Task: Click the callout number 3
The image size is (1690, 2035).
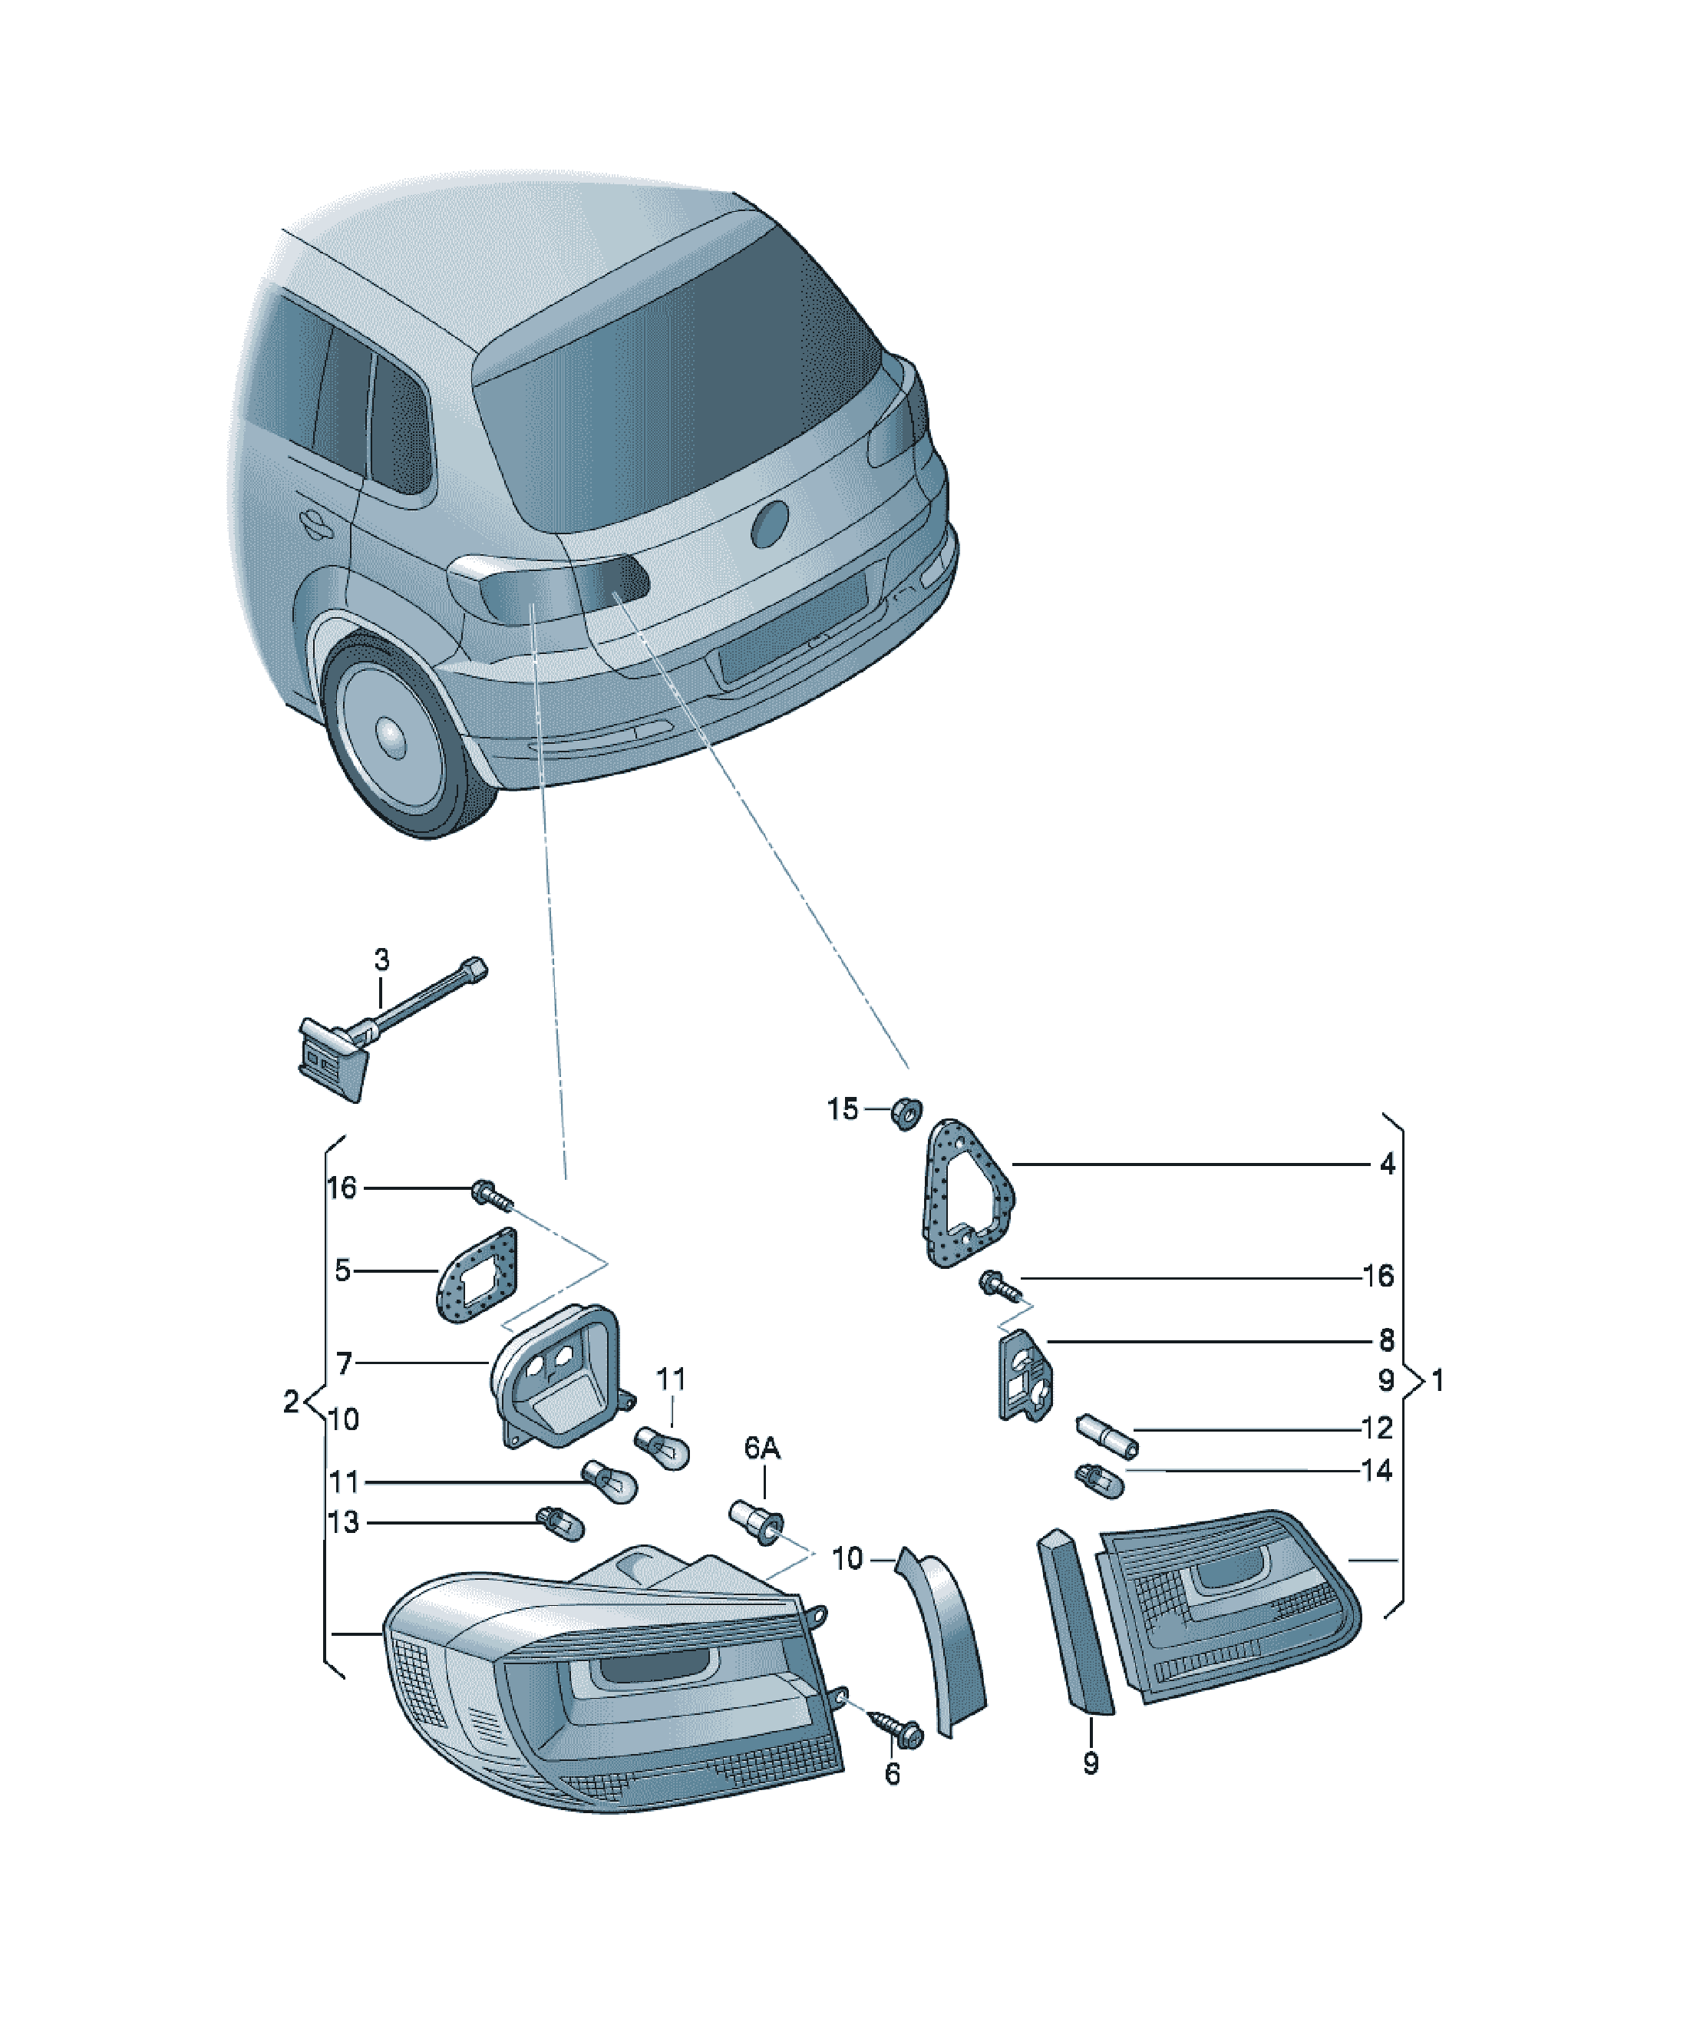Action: (x=381, y=960)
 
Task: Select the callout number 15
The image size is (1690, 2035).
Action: (x=843, y=1108)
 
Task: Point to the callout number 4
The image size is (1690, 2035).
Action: (x=1387, y=1164)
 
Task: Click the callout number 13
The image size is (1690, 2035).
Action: (x=343, y=1522)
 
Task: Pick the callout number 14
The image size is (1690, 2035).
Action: (x=1376, y=1470)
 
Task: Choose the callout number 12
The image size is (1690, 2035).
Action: (x=1376, y=1427)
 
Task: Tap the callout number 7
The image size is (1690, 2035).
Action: (x=344, y=1363)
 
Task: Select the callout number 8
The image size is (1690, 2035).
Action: (x=1387, y=1340)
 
